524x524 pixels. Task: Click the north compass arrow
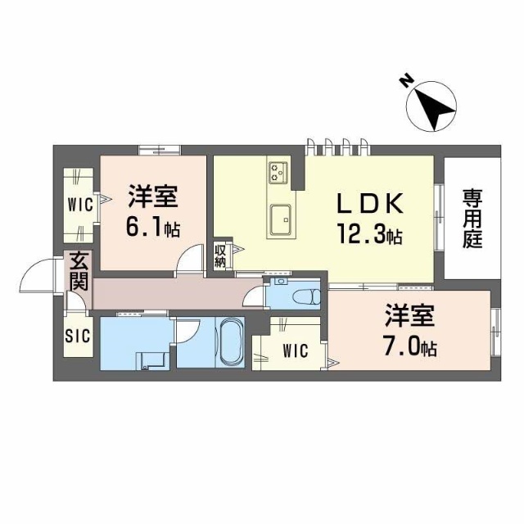(435, 107)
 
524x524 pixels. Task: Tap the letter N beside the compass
(405, 80)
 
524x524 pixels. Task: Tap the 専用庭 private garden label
(471, 219)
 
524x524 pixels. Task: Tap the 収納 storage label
(220, 256)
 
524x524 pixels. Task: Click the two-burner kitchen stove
(278, 172)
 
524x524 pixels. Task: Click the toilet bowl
(306, 295)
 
